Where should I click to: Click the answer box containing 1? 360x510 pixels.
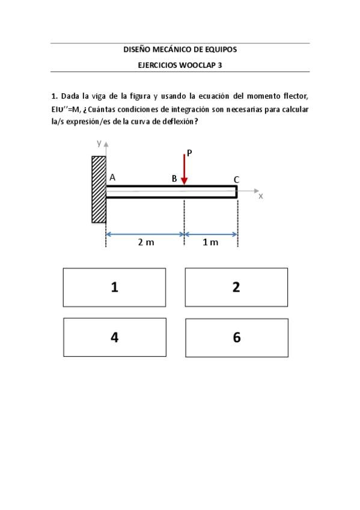(114, 287)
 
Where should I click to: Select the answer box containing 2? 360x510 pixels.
(236, 287)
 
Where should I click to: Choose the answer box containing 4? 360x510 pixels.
(114, 337)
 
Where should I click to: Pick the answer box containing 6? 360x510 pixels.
(236, 337)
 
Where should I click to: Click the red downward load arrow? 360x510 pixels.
(185, 170)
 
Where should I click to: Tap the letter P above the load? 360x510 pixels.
(189, 153)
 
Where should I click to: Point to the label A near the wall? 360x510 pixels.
(112, 177)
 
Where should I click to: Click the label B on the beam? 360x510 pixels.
(174, 179)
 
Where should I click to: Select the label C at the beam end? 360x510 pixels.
(236, 179)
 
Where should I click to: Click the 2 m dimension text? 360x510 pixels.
(145, 242)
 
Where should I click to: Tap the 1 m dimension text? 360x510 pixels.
(210, 242)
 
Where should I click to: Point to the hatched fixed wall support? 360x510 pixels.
(99, 189)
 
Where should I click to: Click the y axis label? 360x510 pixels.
(99, 143)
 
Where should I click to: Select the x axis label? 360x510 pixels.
(260, 196)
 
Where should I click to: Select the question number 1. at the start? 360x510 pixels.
(54, 96)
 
